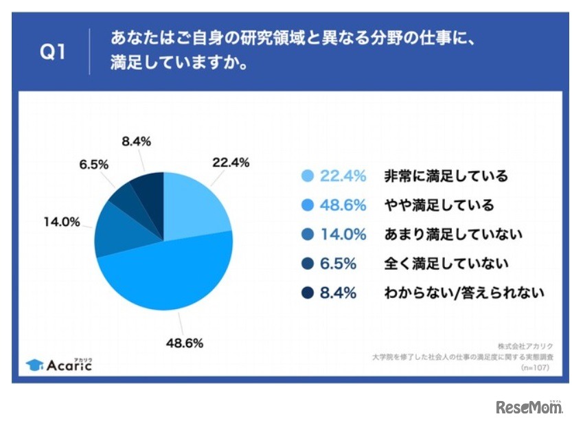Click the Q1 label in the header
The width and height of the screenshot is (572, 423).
coord(52,53)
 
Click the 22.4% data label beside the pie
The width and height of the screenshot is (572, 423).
coord(231,163)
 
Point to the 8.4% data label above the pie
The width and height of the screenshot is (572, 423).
coord(136,142)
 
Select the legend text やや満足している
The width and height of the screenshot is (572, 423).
coord(439,205)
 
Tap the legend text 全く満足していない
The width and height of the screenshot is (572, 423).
coord(446,264)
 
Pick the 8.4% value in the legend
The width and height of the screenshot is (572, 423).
coord(339,293)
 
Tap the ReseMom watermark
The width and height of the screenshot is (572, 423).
coord(529,406)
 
